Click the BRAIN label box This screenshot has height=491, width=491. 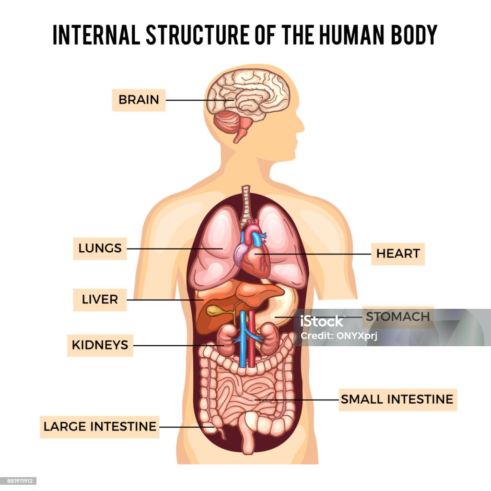pyautogui.click(x=139, y=100)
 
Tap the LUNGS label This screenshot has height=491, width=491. pyautogui.click(x=100, y=248)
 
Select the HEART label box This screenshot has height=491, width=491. pyautogui.click(x=397, y=254)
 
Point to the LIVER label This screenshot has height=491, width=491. pyautogui.click(x=100, y=300)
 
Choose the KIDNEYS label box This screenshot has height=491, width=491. pyautogui.click(x=100, y=345)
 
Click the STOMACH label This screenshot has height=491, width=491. pyautogui.click(x=397, y=317)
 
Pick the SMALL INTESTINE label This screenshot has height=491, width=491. pyautogui.click(x=397, y=399)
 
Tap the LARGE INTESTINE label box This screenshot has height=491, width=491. pyautogui.click(x=100, y=426)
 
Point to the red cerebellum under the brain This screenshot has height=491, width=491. pyautogui.click(x=227, y=122)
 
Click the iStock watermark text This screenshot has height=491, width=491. pyautogui.click(x=322, y=322)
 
